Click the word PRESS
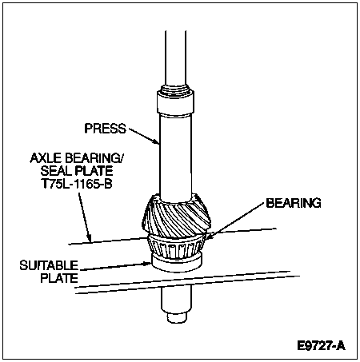tap(105, 129)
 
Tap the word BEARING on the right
tap(294, 203)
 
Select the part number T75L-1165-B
tap(77, 183)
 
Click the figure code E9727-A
tap(322, 346)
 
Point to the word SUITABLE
tap(49, 265)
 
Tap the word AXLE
tap(46, 158)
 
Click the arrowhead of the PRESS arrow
tap(157, 141)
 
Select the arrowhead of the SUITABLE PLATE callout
tap(148, 264)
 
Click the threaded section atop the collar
tap(176, 89)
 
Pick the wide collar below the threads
tap(175, 103)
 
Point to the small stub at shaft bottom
tap(176, 317)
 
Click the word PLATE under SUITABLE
tap(59, 278)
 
